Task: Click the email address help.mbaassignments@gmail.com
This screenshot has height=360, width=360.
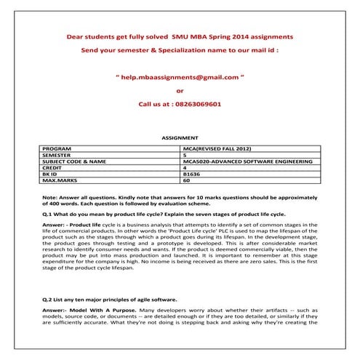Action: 180,76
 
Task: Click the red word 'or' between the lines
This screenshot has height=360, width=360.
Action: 180,90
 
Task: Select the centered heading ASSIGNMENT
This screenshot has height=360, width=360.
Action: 179,137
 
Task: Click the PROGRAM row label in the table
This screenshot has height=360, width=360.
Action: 57,148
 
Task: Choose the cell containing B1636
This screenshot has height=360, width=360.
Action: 191,174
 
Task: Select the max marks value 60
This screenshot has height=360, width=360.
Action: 187,180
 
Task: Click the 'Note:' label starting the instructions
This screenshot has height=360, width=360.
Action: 50,197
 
